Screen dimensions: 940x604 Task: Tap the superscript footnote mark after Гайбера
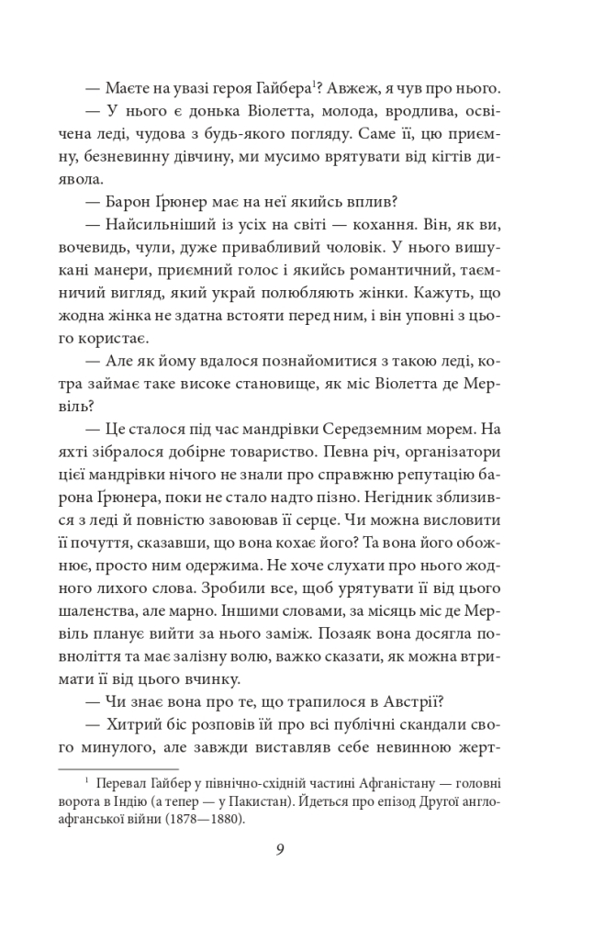311,84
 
